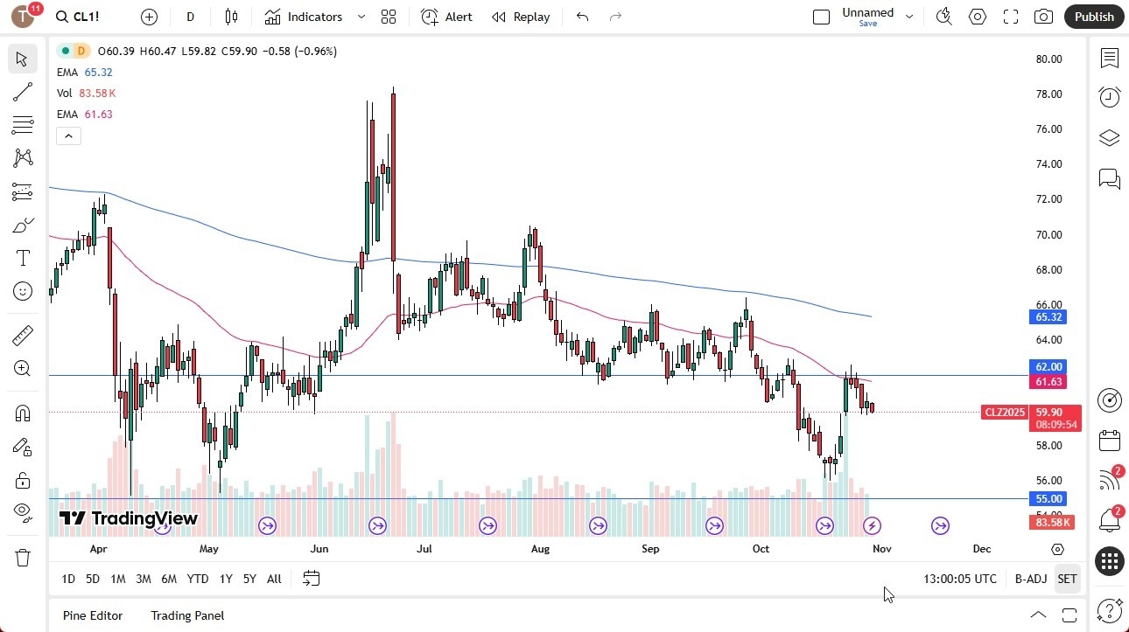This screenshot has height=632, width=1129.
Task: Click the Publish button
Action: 1094,17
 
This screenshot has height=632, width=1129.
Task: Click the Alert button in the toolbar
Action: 446,17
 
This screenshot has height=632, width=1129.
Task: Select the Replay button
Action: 521,17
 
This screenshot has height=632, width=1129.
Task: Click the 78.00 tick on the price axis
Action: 1048,94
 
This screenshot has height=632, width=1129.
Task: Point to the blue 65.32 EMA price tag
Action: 1048,317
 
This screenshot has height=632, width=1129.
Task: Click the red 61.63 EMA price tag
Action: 1048,382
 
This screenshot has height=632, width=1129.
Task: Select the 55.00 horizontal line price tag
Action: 1048,499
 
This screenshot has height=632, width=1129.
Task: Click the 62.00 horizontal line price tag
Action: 1048,367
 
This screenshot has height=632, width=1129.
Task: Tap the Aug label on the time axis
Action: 540,549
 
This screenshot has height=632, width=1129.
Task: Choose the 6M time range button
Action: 169,579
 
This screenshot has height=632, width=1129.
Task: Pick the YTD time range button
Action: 198,579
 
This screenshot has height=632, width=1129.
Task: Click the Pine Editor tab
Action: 93,615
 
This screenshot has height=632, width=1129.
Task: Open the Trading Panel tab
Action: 187,615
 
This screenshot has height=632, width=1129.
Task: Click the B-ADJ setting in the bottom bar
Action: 1031,579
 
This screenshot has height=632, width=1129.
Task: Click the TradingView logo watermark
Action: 128,518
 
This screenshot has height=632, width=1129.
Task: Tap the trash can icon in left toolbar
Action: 23,558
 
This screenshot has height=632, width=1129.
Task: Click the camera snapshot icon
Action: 1043,17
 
